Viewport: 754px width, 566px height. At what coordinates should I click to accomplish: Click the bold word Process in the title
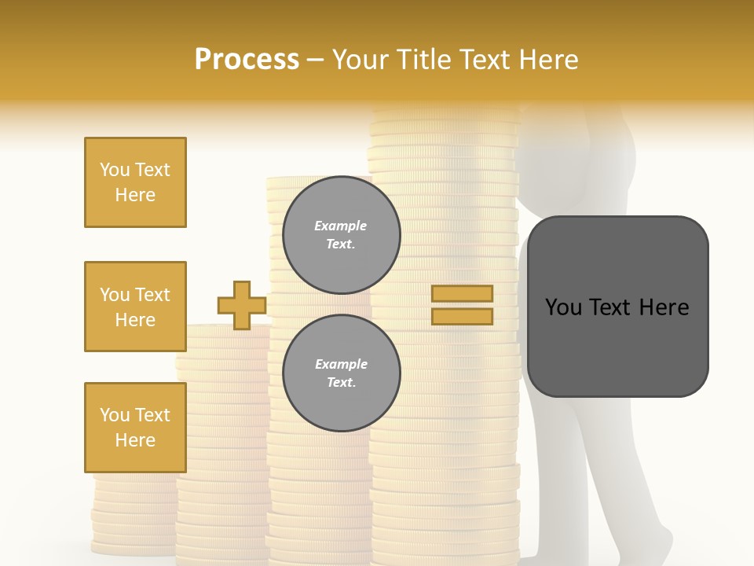pyautogui.click(x=247, y=59)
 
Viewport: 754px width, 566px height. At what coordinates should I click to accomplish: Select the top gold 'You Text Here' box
pyautogui.click(x=135, y=182)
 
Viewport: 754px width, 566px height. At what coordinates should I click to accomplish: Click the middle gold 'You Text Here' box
pyautogui.click(x=135, y=307)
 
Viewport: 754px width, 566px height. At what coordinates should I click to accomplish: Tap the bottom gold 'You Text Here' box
pyautogui.click(x=135, y=428)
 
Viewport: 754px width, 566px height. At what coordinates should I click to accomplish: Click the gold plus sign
pyautogui.click(x=241, y=305)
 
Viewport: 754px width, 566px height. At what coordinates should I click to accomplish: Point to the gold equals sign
pyautogui.click(x=462, y=305)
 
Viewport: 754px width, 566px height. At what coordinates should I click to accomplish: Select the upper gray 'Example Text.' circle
pyautogui.click(x=341, y=235)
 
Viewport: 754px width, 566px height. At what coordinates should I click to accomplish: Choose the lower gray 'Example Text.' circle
pyautogui.click(x=341, y=373)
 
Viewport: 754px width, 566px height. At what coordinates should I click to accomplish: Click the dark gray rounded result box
pyautogui.click(x=617, y=307)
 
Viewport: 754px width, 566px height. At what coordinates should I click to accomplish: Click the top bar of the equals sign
pyautogui.click(x=462, y=294)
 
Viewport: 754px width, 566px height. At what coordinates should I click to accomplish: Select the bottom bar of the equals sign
pyautogui.click(x=462, y=317)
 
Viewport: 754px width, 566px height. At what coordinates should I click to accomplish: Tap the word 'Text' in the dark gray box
pyautogui.click(x=617, y=307)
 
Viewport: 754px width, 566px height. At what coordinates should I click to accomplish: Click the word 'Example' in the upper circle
pyautogui.click(x=341, y=226)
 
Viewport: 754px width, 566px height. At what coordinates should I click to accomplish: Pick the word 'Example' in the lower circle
pyautogui.click(x=341, y=365)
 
